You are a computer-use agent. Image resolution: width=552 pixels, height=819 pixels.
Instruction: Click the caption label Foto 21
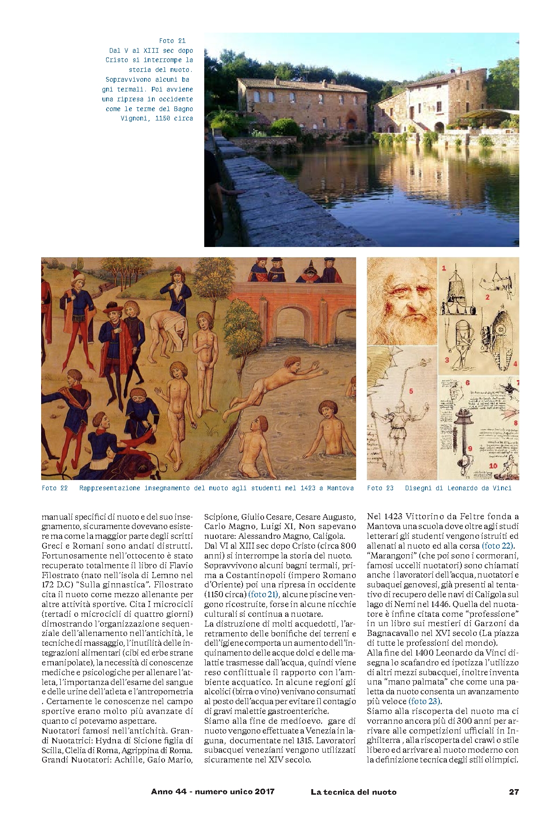[172, 41]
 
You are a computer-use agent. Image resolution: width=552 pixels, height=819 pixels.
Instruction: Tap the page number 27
[514, 791]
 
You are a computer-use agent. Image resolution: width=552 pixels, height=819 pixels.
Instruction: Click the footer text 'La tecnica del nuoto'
[353, 791]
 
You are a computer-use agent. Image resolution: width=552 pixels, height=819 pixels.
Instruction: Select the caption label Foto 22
[55, 488]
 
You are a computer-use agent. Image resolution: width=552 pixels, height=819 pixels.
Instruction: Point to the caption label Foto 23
[380, 488]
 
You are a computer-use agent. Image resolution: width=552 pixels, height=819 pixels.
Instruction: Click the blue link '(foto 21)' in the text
[263, 594]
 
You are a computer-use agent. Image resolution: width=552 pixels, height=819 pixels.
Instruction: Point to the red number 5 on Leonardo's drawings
[411, 391]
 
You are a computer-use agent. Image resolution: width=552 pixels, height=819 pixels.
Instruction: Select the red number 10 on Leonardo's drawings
[493, 466]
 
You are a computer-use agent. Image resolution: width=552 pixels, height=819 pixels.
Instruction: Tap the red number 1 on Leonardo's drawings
[444, 268]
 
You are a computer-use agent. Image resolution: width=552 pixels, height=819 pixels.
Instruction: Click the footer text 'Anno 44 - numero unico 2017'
[213, 791]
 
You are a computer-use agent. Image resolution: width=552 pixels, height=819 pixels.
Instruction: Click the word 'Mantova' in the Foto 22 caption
[340, 488]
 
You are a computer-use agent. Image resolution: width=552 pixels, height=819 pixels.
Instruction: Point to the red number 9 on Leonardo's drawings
[470, 448]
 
